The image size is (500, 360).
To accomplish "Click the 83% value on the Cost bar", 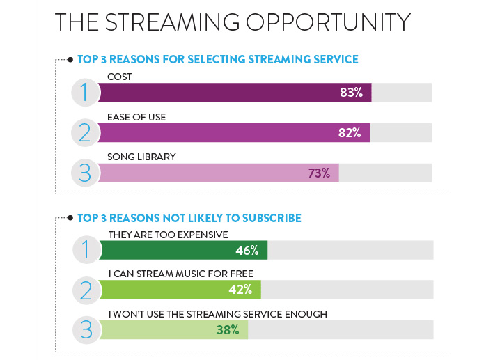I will pyautogui.click(x=352, y=93).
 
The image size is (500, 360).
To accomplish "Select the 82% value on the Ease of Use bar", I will pyautogui.click(x=349, y=133).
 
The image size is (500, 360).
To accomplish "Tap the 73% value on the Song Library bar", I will pyautogui.click(x=319, y=173).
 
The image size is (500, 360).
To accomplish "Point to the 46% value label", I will pyautogui.click(x=247, y=250).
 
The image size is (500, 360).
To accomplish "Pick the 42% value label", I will pyautogui.click(x=241, y=290).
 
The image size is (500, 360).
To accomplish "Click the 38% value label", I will pyautogui.click(x=228, y=329).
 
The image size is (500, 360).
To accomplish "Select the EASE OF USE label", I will pyautogui.click(x=136, y=117).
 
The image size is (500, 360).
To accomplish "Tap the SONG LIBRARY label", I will pyautogui.click(x=141, y=157).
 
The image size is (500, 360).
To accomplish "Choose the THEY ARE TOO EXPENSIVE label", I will pyautogui.click(x=168, y=235).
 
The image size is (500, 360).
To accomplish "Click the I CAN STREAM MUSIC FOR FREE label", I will pyautogui.click(x=180, y=274).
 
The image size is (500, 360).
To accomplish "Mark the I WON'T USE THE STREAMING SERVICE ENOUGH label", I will pyautogui.click(x=217, y=314).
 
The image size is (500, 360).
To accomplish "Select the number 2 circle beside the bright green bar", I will pyautogui.click(x=87, y=289).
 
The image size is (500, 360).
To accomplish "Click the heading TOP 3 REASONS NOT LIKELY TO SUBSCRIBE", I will pyautogui.click(x=189, y=218).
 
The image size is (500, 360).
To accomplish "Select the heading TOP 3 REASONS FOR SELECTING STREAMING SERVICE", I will pyautogui.click(x=218, y=60).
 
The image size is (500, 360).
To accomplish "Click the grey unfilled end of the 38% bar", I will pyautogui.click(x=341, y=329).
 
